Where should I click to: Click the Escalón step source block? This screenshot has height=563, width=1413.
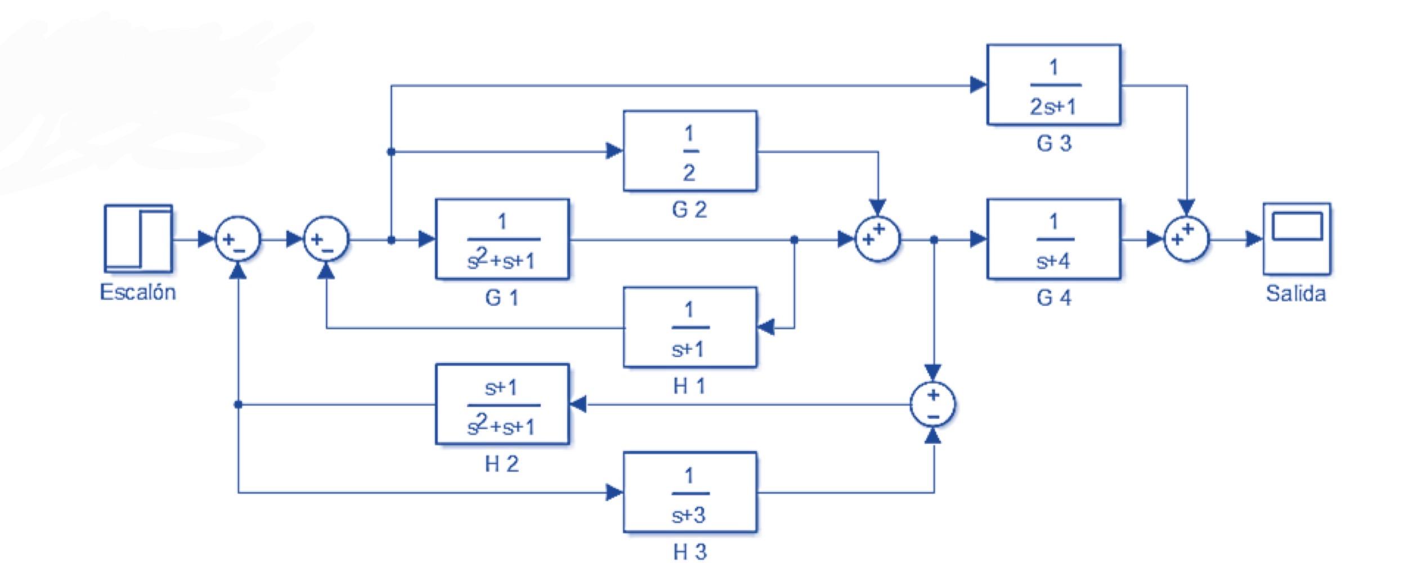(138, 239)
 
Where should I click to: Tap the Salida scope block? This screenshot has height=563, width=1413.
(1297, 239)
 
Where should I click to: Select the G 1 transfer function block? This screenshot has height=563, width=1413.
(502, 239)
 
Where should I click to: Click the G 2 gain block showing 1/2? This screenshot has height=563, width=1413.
(689, 151)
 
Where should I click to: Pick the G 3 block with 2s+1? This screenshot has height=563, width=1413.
(1053, 85)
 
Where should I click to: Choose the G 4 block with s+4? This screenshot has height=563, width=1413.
(1053, 239)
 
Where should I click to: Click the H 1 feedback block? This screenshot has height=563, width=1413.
(689, 327)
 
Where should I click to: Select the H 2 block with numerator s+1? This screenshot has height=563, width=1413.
(502, 404)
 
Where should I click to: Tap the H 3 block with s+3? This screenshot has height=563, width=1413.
(689, 492)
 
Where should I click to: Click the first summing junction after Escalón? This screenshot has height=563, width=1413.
(238, 239)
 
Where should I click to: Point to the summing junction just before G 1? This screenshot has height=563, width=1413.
(326, 239)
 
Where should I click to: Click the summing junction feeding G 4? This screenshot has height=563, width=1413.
(877, 239)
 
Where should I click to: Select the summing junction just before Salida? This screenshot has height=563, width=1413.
(1186, 239)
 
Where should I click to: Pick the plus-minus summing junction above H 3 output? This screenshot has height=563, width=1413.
(932, 405)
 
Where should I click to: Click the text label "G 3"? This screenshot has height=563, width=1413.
(1053, 144)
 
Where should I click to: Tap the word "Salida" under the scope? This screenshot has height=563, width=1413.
(1295, 293)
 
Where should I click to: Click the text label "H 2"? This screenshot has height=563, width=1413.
(501, 464)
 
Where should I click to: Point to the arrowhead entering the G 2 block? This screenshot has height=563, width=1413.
(614, 151)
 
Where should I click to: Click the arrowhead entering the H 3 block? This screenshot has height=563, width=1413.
(614, 493)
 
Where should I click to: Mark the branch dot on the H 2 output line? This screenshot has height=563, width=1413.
(238, 404)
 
